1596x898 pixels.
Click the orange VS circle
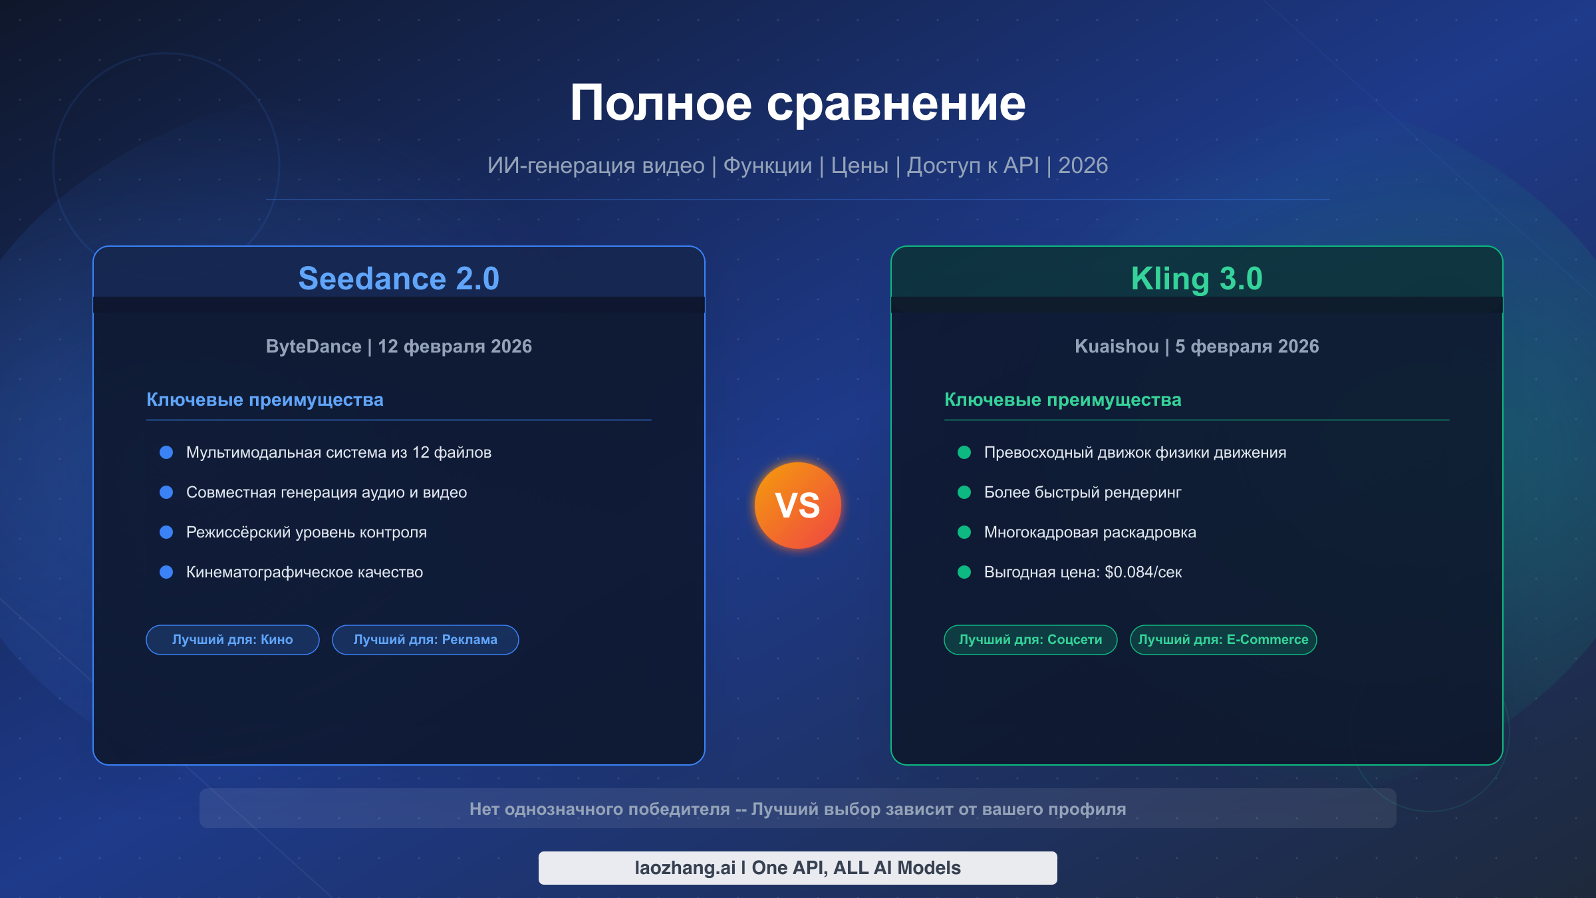(x=798, y=506)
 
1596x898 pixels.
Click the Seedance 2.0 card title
(x=398, y=279)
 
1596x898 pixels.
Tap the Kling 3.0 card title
(x=1196, y=279)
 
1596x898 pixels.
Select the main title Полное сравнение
(x=797, y=103)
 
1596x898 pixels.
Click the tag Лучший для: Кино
(x=233, y=640)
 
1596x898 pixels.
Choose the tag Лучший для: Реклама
(x=426, y=640)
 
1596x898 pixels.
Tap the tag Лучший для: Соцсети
(x=1030, y=640)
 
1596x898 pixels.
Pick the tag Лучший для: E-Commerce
(x=1223, y=640)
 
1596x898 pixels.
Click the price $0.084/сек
(x=1143, y=572)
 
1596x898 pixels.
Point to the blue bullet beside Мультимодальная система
(x=166, y=452)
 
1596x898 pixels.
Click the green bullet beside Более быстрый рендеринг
(x=964, y=492)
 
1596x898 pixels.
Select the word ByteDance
(x=313, y=347)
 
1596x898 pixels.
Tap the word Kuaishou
(x=1117, y=347)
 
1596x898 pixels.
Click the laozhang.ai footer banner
(x=797, y=868)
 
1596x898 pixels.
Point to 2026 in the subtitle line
(x=1083, y=166)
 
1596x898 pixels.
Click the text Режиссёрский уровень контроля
(x=307, y=532)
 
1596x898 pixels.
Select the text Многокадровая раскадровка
(x=1090, y=532)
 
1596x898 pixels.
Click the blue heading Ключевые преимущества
(x=265, y=400)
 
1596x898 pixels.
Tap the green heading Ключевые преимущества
(x=1063, y=400)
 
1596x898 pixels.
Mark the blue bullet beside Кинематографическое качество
(x=166, y=572)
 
